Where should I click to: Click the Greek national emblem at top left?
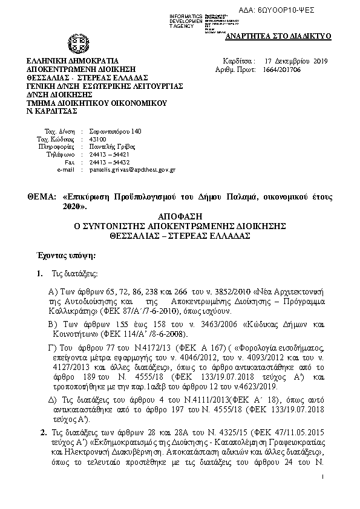click(78, 44)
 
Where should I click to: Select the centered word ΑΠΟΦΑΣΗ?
click(180, 216)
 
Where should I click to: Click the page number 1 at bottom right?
click(324, 478)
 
